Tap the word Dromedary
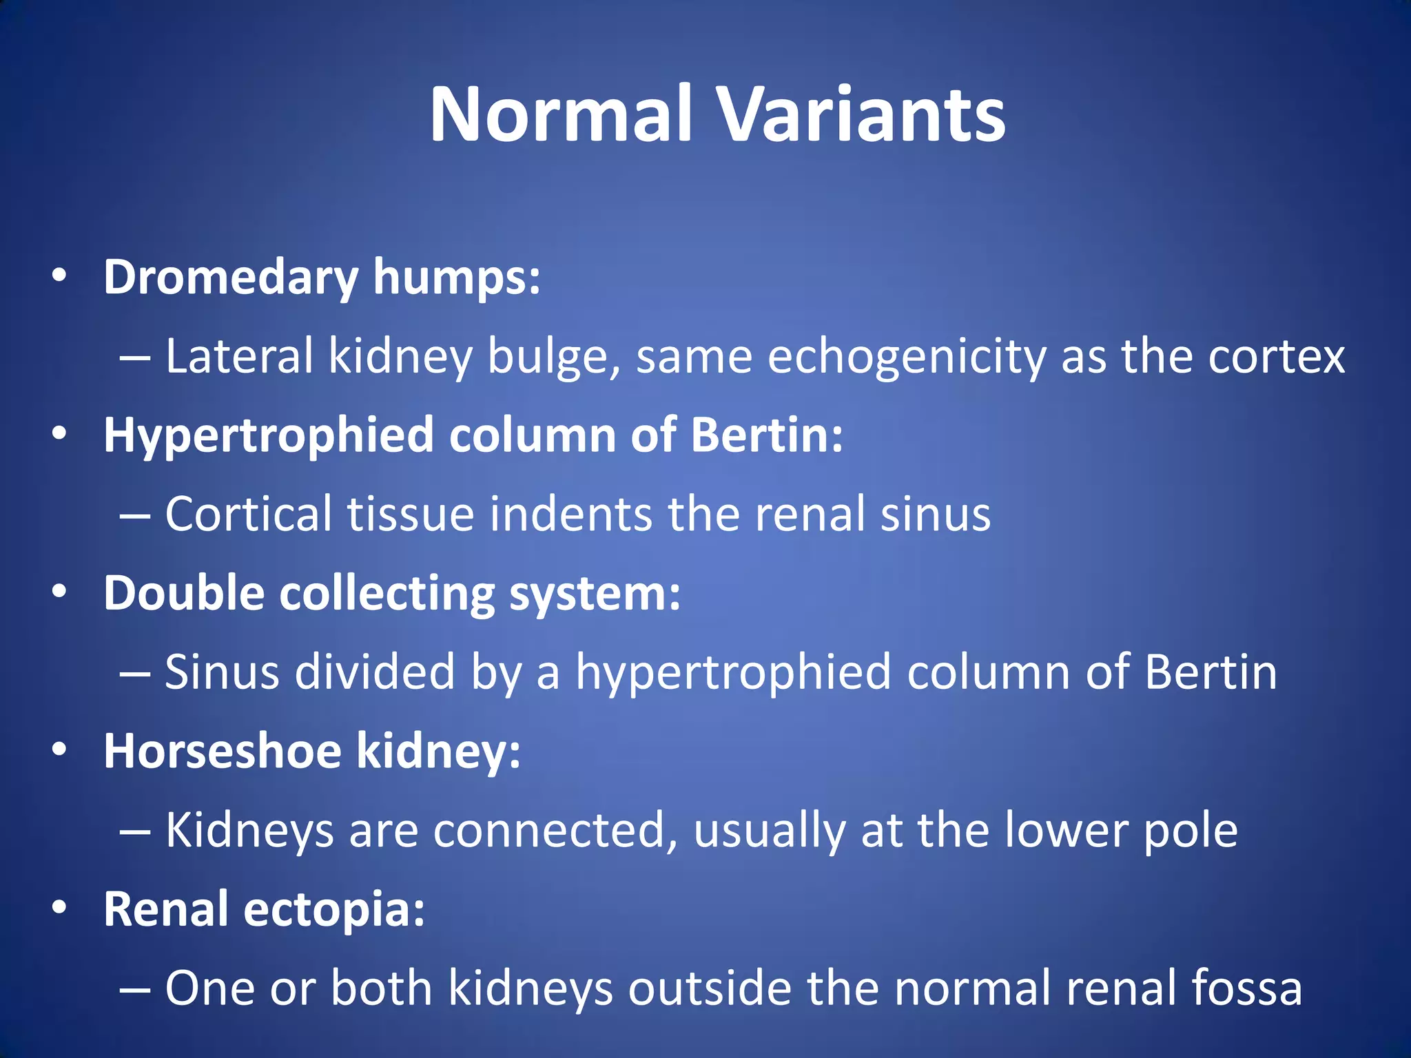coord(231,278)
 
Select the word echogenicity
coord(906,357)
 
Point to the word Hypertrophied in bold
coord(268,436)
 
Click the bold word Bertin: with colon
coord(766,436)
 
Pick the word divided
coord(375,672)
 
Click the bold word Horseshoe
coord(223,751)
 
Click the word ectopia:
coord(334,910)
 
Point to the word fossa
coord(1247,988)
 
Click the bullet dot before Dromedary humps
coord(59,277)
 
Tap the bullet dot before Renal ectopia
coord(59,909)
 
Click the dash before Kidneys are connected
coord(134,832)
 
